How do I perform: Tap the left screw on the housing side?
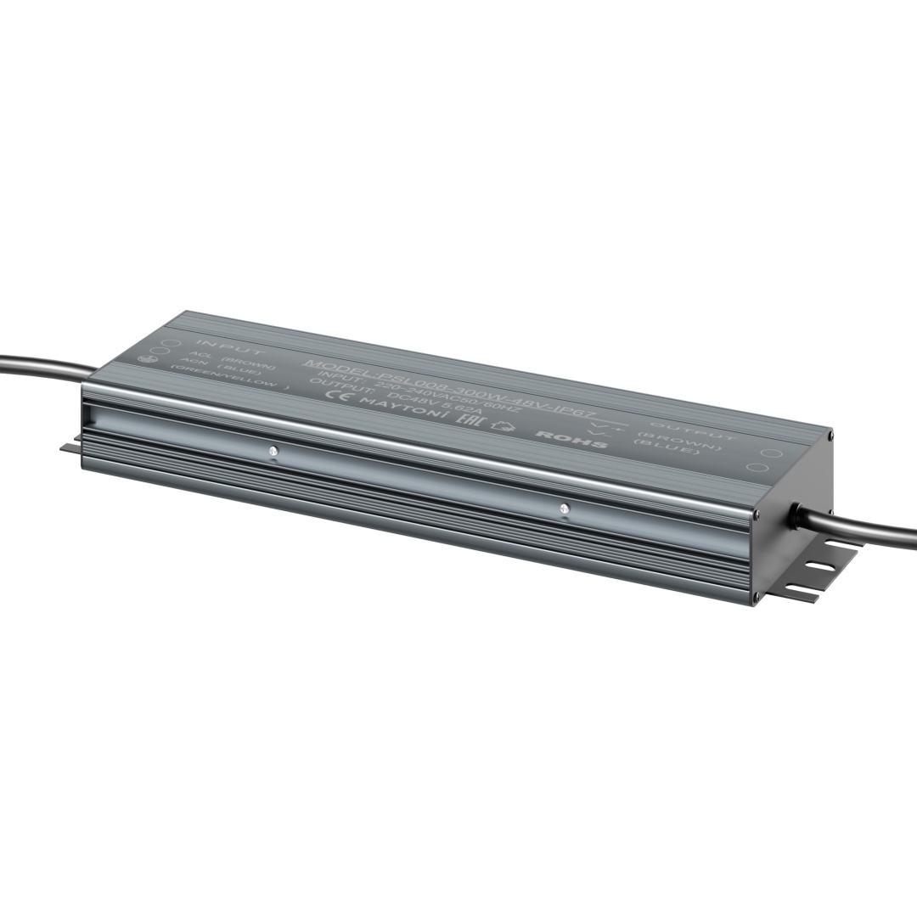click(x=273, y=451)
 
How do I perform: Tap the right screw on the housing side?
click(x=564, y=509)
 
